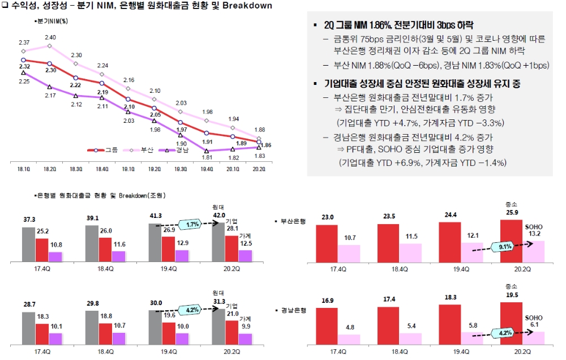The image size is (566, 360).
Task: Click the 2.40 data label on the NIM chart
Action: coord(50,37)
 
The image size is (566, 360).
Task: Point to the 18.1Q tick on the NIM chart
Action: coord(23,169)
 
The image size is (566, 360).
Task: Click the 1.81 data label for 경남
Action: coord(207,158)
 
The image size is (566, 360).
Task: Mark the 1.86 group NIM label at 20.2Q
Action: coord(267,145)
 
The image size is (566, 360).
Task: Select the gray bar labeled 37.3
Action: coord(28,245)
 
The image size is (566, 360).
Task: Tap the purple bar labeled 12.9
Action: coord(182,256)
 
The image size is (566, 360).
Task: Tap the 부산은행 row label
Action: coord(293,221)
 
